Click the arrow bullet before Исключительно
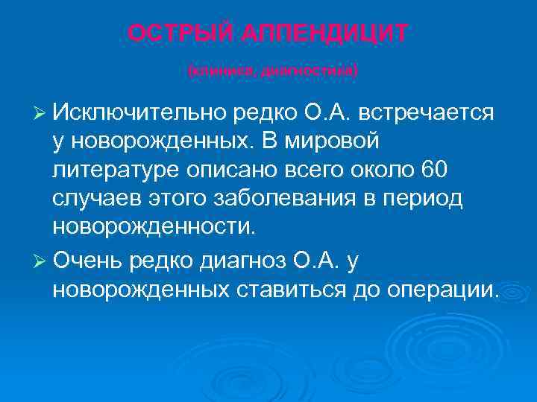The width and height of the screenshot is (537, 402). coord(41,113)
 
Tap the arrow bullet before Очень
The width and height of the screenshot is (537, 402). coord(41,261)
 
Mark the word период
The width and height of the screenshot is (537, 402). coord(424,199)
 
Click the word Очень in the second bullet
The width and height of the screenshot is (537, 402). coord(89,261)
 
